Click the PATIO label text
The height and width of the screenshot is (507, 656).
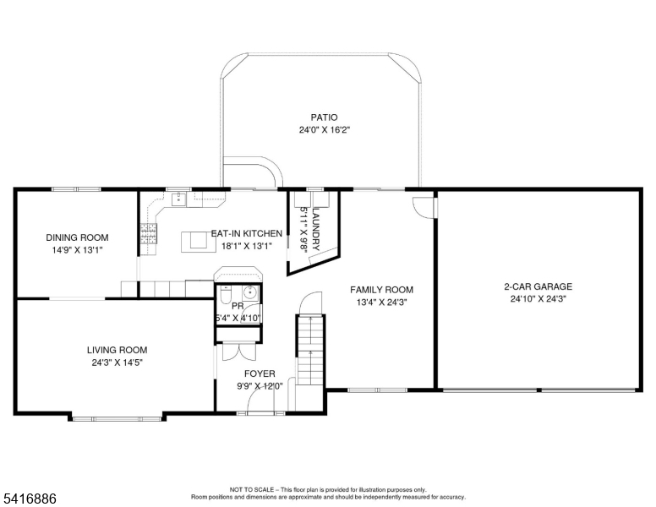point(323,117)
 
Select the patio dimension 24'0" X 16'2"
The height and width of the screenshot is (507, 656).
point(323,130)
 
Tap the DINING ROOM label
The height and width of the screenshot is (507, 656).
point(77,237)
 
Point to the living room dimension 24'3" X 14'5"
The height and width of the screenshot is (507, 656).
point(117,363)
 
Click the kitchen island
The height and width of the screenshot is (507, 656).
point(198,241)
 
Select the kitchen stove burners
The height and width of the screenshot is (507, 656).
point(150,234)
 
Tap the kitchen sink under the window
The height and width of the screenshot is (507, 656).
point(179,199)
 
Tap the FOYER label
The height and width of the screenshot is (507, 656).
point(259,373)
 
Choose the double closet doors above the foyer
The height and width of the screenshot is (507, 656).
point(239,353)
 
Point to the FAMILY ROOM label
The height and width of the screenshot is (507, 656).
point(381,289)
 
